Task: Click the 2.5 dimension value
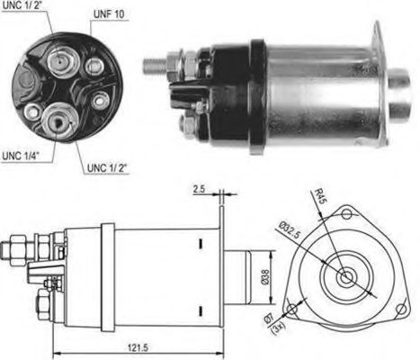click(200, 190)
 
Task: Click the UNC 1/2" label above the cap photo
click(25, 8)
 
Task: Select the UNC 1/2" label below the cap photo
click(107, 167)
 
